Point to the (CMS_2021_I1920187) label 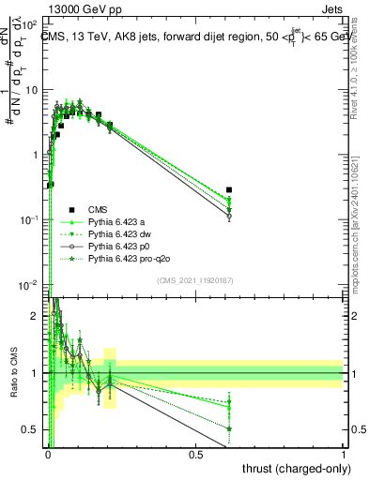click(x=195, y=280)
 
